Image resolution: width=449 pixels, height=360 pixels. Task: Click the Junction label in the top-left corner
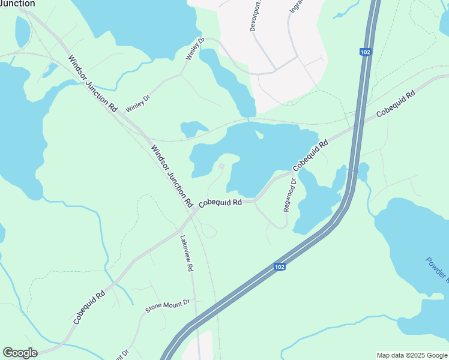pyautogui.click(x=17, y=4)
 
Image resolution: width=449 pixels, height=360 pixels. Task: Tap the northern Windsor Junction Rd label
pyautogui.click(x=92, y=83)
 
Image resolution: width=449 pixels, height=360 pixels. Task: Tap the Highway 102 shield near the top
pyautogui.click(x=365, y=52)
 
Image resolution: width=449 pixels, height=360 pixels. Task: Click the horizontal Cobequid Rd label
pyautogui.click(x=220, y=203)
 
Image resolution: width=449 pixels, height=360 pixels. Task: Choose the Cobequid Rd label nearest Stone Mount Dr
pyautogui.click(x=89, y=307)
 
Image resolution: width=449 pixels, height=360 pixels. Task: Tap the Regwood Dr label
pyautogui.click(x=290, y=194)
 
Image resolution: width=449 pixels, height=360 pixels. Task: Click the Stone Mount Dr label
pyautogui.click(x=167, y=306)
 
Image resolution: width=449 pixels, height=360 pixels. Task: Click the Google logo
pyautogui.click(x=20, y=353)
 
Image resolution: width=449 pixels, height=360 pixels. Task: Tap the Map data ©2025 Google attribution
pyautogui.click(x=411, y=355)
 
